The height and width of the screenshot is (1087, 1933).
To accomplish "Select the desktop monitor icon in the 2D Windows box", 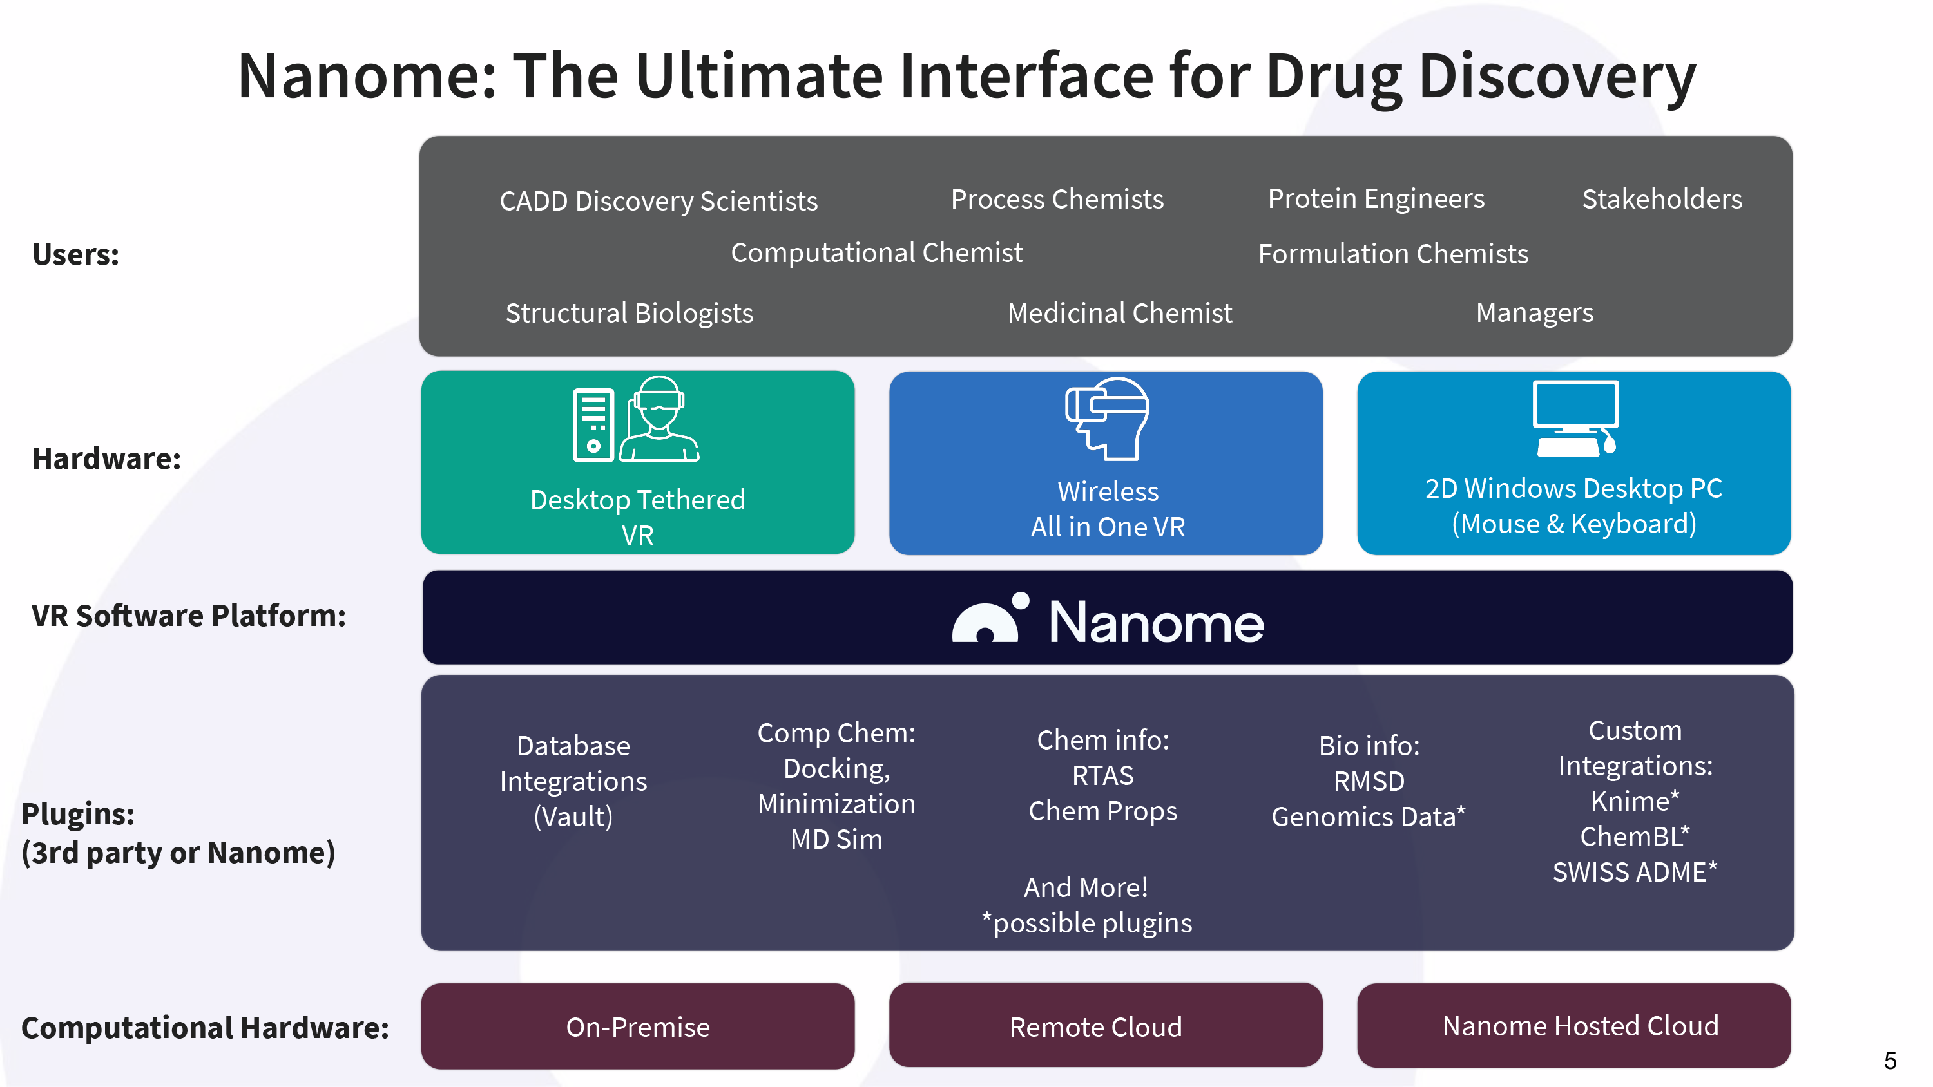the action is (x=1575, y=418).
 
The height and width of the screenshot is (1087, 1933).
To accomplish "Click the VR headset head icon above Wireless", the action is (x=1107, y=418).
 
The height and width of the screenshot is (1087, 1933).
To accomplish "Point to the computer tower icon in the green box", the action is (x=593, y=424).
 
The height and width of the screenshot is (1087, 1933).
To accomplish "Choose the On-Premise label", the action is (x=638, y=1027).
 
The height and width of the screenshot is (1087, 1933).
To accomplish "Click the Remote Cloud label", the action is (x=1095, y=1027).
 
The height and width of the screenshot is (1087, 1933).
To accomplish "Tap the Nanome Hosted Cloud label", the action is (x=1581, y=1025).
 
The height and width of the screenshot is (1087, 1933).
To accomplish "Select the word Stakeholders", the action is (x=1662, y=199).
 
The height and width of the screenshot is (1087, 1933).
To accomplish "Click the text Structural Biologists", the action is (x=630, y=314).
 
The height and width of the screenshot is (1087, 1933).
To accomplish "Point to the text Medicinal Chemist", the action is (x=1120, y=313).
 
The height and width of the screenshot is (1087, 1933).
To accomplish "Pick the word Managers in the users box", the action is (x=1535, y=313).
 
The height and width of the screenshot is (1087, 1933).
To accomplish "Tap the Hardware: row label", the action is (x=106, y=458).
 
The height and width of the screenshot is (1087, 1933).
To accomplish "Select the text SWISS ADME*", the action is (x=1634, y=872).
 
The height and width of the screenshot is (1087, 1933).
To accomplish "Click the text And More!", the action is (x=1086, y=887).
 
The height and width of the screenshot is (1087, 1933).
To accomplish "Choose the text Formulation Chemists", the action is (x=1394, y=254).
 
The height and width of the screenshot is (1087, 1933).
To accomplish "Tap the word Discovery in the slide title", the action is (x=1557, y=77).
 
